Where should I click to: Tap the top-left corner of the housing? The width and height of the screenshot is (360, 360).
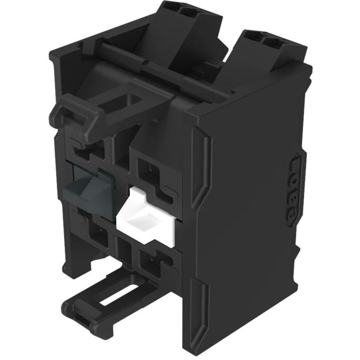[x=53, y=53]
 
